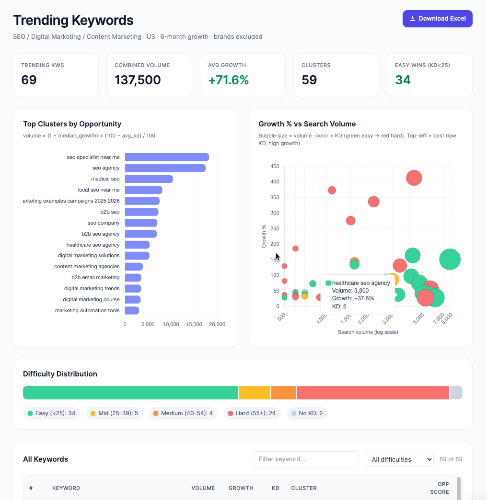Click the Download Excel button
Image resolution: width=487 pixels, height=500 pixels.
(437, 19)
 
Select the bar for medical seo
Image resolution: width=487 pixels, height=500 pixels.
(149, 179)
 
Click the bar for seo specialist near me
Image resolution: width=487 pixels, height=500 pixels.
(167, 157)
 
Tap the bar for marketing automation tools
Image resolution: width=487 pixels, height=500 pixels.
(132, 310)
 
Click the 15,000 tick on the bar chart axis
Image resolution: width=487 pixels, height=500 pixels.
(194, 324)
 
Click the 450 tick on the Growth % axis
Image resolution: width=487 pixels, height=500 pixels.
(275, 167)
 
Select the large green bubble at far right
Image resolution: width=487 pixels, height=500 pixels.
(450, 259)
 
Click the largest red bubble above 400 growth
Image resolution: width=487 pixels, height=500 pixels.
(414, 178)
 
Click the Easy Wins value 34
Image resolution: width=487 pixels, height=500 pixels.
(403, 80)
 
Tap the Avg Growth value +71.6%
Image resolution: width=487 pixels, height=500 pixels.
(228, 80)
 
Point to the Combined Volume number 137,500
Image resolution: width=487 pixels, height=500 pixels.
(138, 80)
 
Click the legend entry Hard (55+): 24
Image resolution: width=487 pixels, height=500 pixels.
(252, 413)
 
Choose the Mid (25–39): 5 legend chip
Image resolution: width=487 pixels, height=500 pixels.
(114, 413)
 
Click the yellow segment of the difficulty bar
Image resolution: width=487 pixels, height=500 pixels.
(255, 393)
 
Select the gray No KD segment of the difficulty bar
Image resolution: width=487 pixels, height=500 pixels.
(456, 393)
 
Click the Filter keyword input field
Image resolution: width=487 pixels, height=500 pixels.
(306, 459)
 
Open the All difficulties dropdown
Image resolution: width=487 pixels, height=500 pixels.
(399, 459)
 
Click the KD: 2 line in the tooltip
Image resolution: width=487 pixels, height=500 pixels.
(339, 307)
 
